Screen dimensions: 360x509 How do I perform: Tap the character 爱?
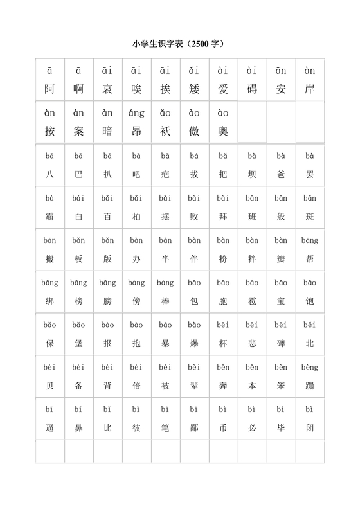223,89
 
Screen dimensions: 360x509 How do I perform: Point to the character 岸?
310,89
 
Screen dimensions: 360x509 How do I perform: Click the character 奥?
223,131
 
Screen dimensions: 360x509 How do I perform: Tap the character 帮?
310,259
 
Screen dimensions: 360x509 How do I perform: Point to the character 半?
165,259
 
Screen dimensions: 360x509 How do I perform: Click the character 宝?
281,301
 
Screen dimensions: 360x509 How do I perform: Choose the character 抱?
136,343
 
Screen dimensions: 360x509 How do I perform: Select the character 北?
310,343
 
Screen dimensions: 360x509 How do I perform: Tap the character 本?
252,386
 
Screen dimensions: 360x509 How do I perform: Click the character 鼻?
79,427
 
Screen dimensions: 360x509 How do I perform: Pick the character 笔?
165,427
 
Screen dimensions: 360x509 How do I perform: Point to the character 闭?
310,427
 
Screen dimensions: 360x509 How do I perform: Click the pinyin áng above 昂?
136,113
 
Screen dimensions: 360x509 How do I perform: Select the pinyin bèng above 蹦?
310,368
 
